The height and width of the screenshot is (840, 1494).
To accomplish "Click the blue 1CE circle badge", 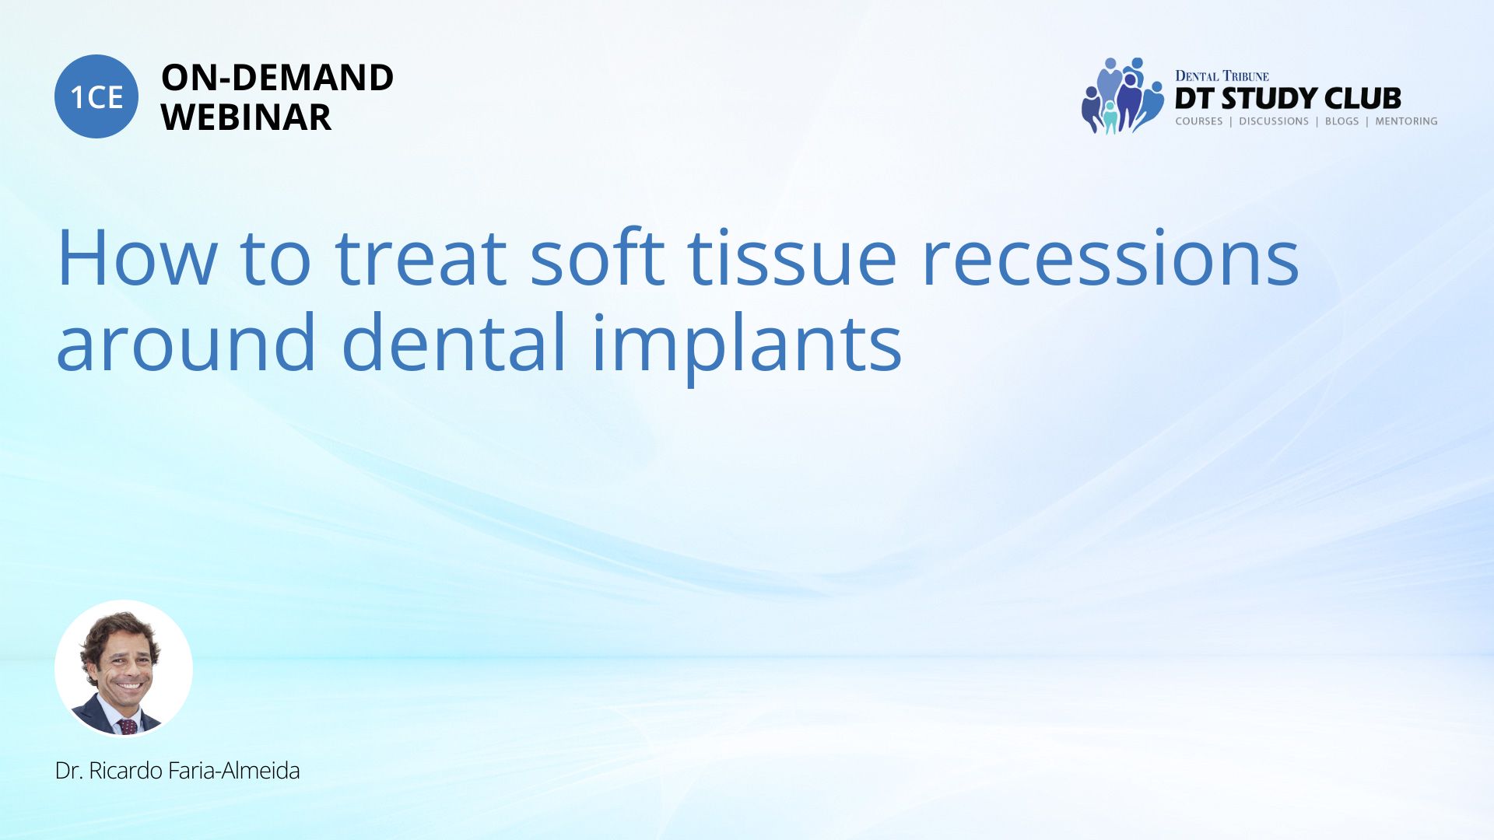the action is coord(96,96).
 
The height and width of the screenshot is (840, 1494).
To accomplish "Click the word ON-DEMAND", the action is coord(278,78).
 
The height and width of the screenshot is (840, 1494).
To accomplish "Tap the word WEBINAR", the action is coord(247,117).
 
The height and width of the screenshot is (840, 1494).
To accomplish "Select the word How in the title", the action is coord(137,257).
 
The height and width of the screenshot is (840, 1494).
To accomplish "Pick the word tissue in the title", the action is coord(793,257).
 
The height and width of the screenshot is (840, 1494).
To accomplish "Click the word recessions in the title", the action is coord(1110,257).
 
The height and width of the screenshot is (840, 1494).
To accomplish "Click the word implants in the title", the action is coord(747,347).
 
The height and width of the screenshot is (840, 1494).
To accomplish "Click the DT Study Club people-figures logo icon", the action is coord(1121,96).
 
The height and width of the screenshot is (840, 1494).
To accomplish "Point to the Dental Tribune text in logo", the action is coord(1222,76).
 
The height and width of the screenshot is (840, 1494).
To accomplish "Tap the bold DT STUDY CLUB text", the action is coord(1288,99).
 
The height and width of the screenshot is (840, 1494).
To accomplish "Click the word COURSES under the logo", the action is coord(1199,121).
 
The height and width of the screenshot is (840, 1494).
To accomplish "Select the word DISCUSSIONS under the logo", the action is coord(1274,121).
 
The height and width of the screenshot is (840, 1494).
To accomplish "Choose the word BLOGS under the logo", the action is coord(1342,121).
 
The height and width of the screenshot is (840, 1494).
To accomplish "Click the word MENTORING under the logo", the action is coord(1406,121).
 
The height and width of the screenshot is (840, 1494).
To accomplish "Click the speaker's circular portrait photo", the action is coord(124,668).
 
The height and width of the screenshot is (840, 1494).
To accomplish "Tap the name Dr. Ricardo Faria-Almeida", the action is coord(177,771).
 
